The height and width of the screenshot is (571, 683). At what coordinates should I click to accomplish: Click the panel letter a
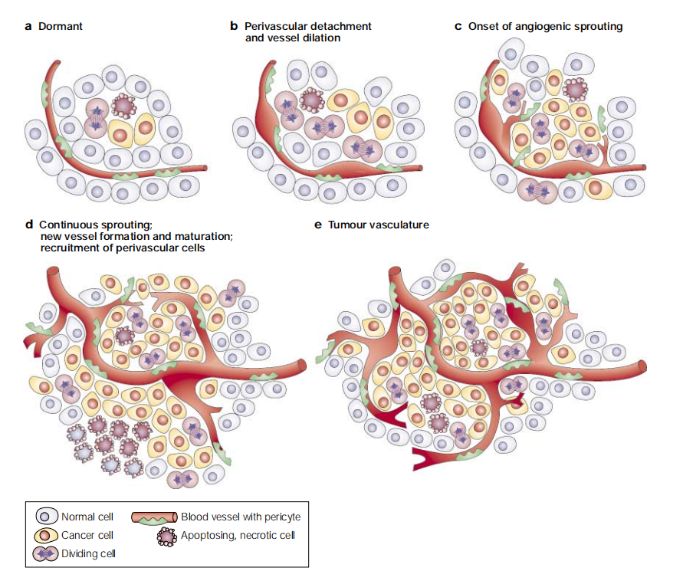(28, 27)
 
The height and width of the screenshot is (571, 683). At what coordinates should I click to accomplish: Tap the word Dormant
(61, 26)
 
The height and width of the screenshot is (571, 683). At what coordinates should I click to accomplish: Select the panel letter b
(234, 26)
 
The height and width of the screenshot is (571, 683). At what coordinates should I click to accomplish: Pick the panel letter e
(318, 225)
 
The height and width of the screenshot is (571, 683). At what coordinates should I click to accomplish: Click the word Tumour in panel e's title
(346, 225)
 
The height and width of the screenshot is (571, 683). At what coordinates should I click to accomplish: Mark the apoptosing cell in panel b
(312, 100)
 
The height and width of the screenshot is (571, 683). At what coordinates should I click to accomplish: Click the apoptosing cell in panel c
(575, 90)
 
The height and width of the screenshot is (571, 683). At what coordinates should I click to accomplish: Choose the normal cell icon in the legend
(47, 517)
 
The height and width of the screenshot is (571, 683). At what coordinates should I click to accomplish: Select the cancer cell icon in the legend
(46, 535)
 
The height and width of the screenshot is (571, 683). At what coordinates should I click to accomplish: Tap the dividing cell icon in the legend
(45, 553)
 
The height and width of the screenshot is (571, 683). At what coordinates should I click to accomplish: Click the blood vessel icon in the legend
(155, 517)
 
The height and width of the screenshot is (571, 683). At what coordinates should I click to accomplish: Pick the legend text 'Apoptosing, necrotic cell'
(238, 535)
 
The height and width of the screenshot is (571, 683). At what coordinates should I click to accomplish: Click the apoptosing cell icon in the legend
(167, 537)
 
